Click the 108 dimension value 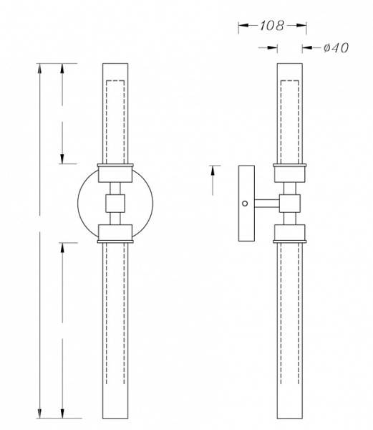271,26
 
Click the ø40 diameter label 336,48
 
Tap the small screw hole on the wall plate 245,204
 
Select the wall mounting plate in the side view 246,204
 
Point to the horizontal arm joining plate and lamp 267,204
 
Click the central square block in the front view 115,204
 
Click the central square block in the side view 290,204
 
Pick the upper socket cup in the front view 115,173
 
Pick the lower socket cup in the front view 115,234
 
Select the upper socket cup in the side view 290,173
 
